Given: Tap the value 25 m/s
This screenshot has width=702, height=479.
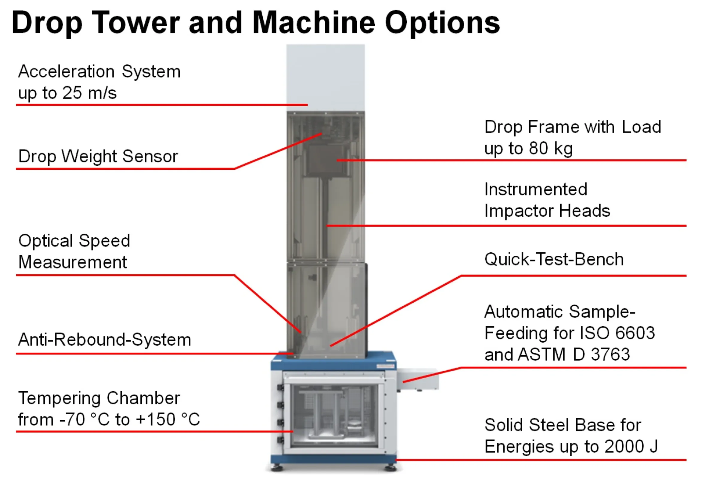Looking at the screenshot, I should pyautogui.click(x=90, y=93).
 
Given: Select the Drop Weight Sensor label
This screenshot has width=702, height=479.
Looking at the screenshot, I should pyautogui.click(x=98, y=156).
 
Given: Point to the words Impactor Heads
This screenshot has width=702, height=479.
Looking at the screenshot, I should pyautogui.click(x=547, y=210).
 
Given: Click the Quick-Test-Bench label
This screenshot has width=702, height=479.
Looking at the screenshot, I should pyautogui.click(x=554, y=259).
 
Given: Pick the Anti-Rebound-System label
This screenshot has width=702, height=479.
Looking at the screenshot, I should pyautogui.click(x=105, y=339).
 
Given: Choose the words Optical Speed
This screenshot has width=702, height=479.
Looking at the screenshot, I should pyautogui.click(x=74, y=241).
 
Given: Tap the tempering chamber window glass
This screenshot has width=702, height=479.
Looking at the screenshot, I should pyautogui.click(x=334, y=415).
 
